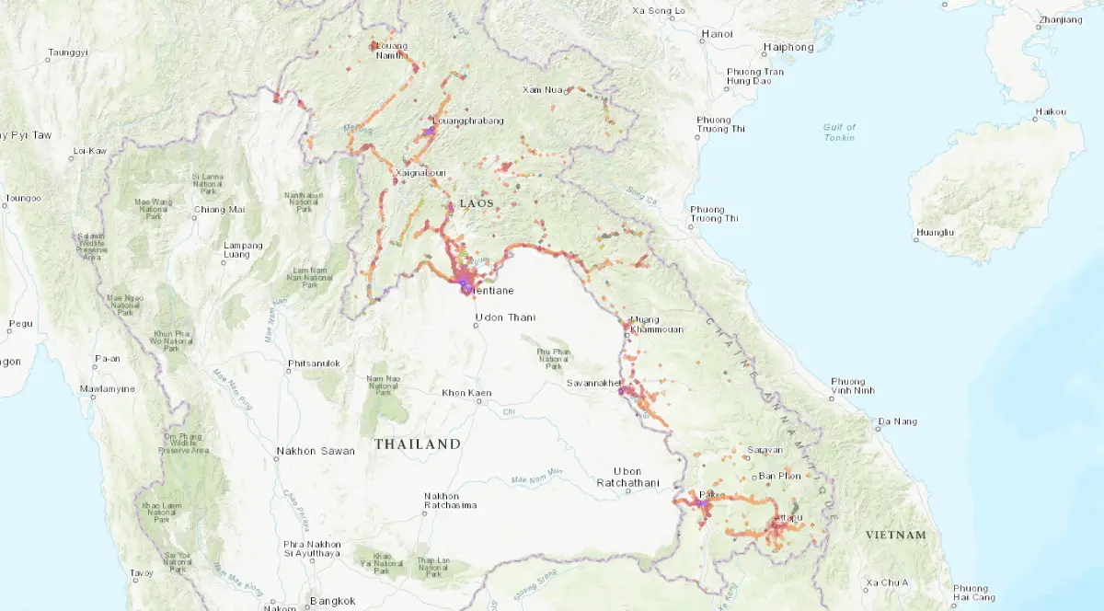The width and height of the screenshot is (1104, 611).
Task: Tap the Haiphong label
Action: [x=788, y=47]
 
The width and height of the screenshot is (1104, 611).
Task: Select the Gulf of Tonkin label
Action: [x=838, y=133]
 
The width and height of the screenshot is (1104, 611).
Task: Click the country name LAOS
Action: [x=477, y=202]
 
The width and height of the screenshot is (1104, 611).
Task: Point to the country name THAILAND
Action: [x=417, y=444]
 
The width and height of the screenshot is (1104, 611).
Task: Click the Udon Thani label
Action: [x=503, y=318]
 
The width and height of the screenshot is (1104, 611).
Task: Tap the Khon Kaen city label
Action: [x=466, y=393]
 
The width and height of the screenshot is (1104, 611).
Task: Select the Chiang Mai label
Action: [x=218, y=209]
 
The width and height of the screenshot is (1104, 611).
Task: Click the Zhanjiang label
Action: [x=1059, y=19]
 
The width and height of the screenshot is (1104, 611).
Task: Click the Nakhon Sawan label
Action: [x=308, y=453]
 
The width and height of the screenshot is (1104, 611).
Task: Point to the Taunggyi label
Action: [x=68, y=52]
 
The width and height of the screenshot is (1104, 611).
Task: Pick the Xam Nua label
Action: [x=541, y=89]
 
